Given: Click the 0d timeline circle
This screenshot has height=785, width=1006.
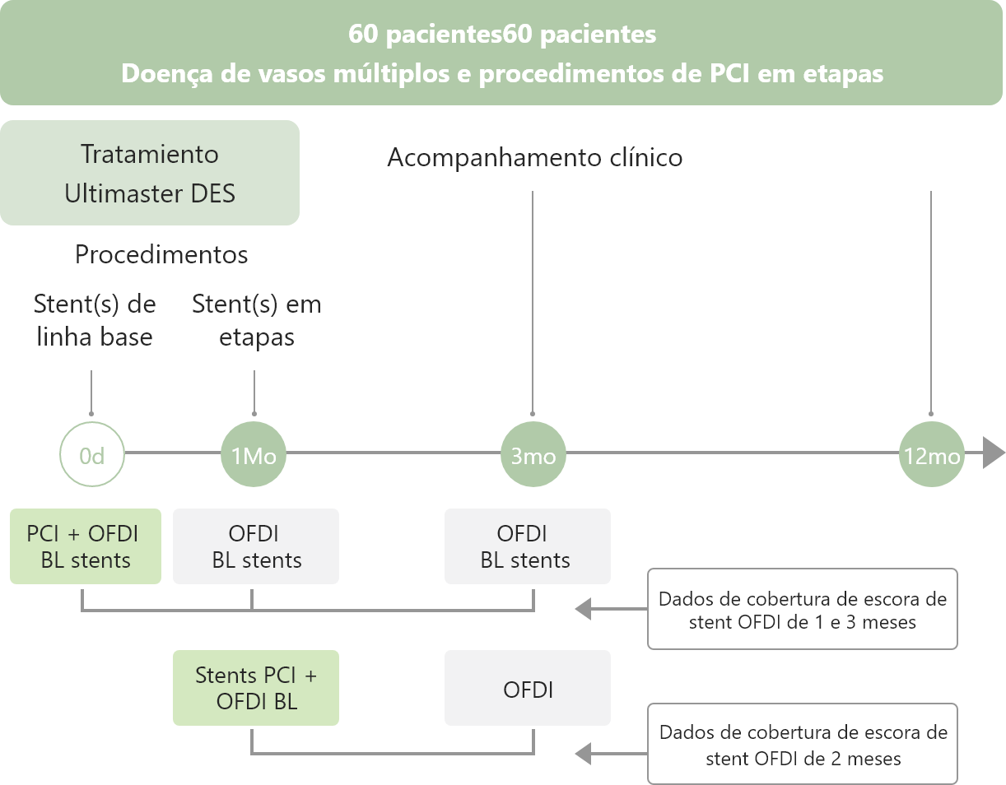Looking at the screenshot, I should click(x=91, y=454).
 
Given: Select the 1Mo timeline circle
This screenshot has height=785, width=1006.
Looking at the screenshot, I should click(x=254, y=454).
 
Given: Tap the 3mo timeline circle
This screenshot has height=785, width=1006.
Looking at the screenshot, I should click(x=533, y=454).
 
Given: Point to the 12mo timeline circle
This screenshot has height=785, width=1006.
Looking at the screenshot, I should click(x=930, y=454).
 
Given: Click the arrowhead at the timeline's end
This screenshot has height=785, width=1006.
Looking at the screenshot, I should click(x=994, y=453).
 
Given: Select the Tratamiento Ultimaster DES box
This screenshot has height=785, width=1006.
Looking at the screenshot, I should click(x=149, y=173).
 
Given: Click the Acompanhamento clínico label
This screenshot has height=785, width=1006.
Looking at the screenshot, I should click(x=534, y=158).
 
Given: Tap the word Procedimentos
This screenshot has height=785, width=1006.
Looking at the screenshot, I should click(x=161, y=255).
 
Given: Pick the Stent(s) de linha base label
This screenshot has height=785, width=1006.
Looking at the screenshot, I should click(x=95, y=320).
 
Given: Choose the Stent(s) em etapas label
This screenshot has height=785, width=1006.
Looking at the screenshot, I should click(x=256, y=320).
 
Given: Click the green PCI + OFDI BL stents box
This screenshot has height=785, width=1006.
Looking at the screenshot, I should click(x=86, y=546).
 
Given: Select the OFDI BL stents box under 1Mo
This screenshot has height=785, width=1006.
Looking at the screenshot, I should click(x=256, y=546).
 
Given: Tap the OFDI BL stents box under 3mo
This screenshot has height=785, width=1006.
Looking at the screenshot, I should click(x=528, y=546).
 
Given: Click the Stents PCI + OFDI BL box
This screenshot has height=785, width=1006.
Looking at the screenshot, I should click(x=256, y=688).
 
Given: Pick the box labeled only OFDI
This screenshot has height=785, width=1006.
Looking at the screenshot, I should click(x=528, y=688).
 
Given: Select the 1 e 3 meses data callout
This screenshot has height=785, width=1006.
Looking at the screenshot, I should click(x=803, y=609).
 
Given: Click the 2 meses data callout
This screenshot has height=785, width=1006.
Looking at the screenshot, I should click(x=803, y=744).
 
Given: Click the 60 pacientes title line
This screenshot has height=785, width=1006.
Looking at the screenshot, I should click(x=502, y=35).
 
